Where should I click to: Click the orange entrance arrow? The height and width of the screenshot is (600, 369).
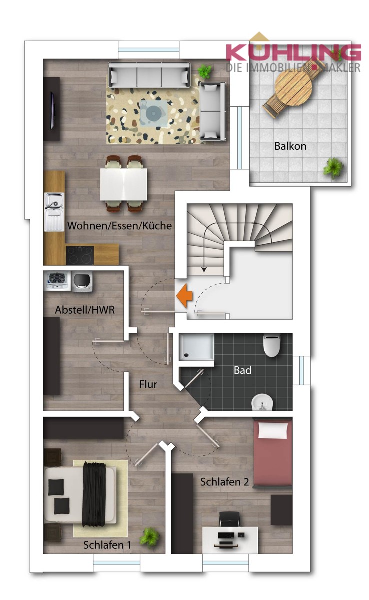pos(184,295)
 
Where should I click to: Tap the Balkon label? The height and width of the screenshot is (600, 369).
pos(290,146)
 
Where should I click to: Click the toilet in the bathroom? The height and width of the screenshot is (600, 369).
pos(272,345)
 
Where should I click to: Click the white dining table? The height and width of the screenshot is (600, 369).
pos(124,183)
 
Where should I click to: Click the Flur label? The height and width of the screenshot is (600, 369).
pos(148,384)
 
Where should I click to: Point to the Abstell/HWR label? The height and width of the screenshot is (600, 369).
pos(85,310)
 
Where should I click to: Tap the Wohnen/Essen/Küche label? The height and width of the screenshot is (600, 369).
pos(119,225)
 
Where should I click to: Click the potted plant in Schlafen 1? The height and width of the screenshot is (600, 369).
pos(149,537)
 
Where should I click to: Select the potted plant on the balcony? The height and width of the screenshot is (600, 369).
pos(333,168)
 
